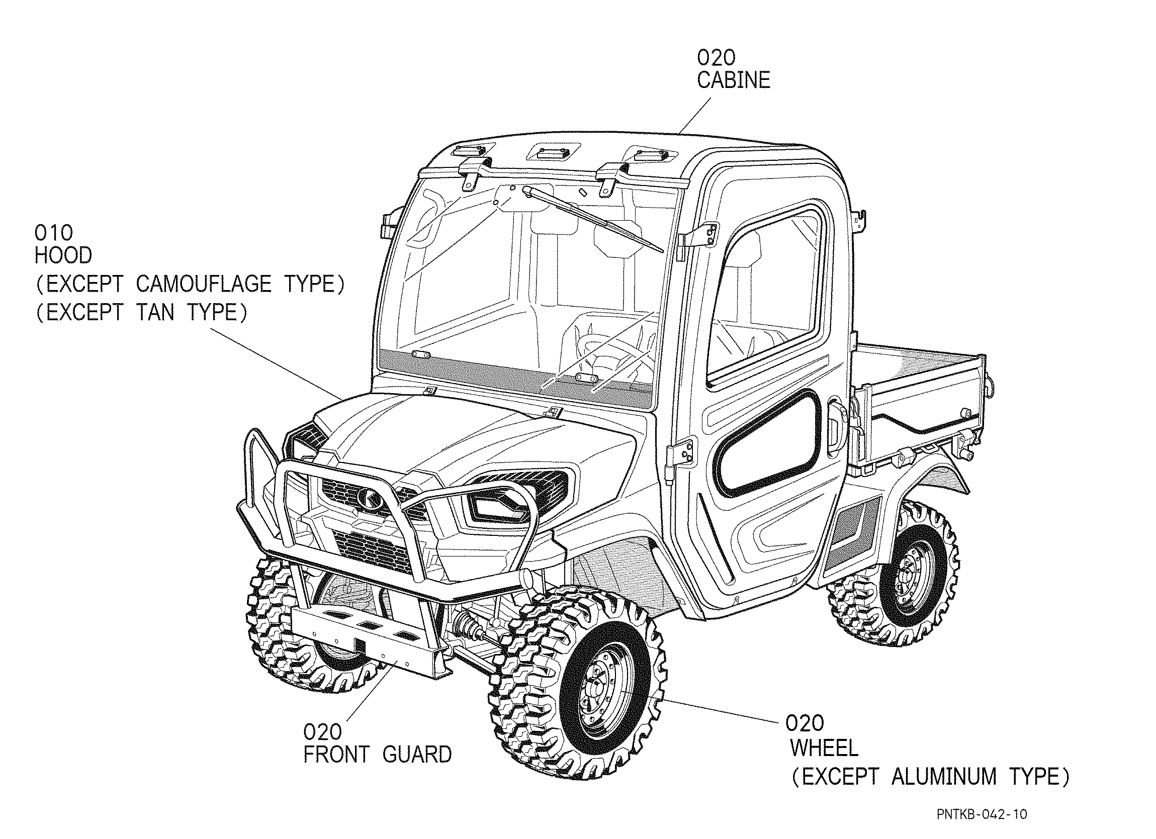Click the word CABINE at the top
(734, 80)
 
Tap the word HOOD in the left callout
(63, 255)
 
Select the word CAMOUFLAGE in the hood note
(203, 284)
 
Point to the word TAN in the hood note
(155, 312)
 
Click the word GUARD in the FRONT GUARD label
(417, 755)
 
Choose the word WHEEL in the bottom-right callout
(824, 749)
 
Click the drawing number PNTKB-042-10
(982, 814)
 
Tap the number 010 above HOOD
(53, 233)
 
